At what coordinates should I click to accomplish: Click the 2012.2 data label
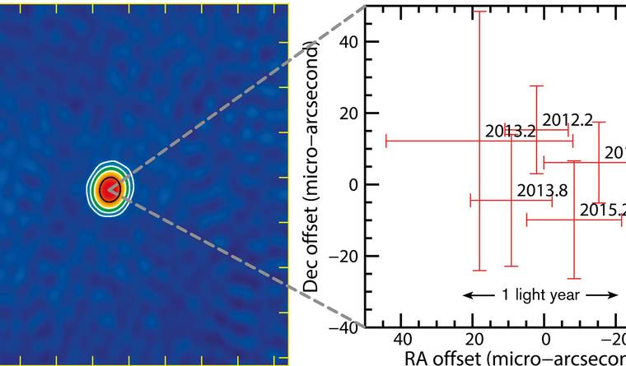tap(568, 121)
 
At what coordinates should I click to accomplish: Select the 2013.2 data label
tap(510, 131)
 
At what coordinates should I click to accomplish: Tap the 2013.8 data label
tap(542, 191)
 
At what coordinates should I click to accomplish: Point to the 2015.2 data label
tap(600, 210)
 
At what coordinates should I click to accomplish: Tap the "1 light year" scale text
tap(540, 294)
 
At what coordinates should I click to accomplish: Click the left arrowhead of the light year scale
tap(467, 294)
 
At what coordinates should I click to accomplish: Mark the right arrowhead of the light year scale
tap(614, 294)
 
